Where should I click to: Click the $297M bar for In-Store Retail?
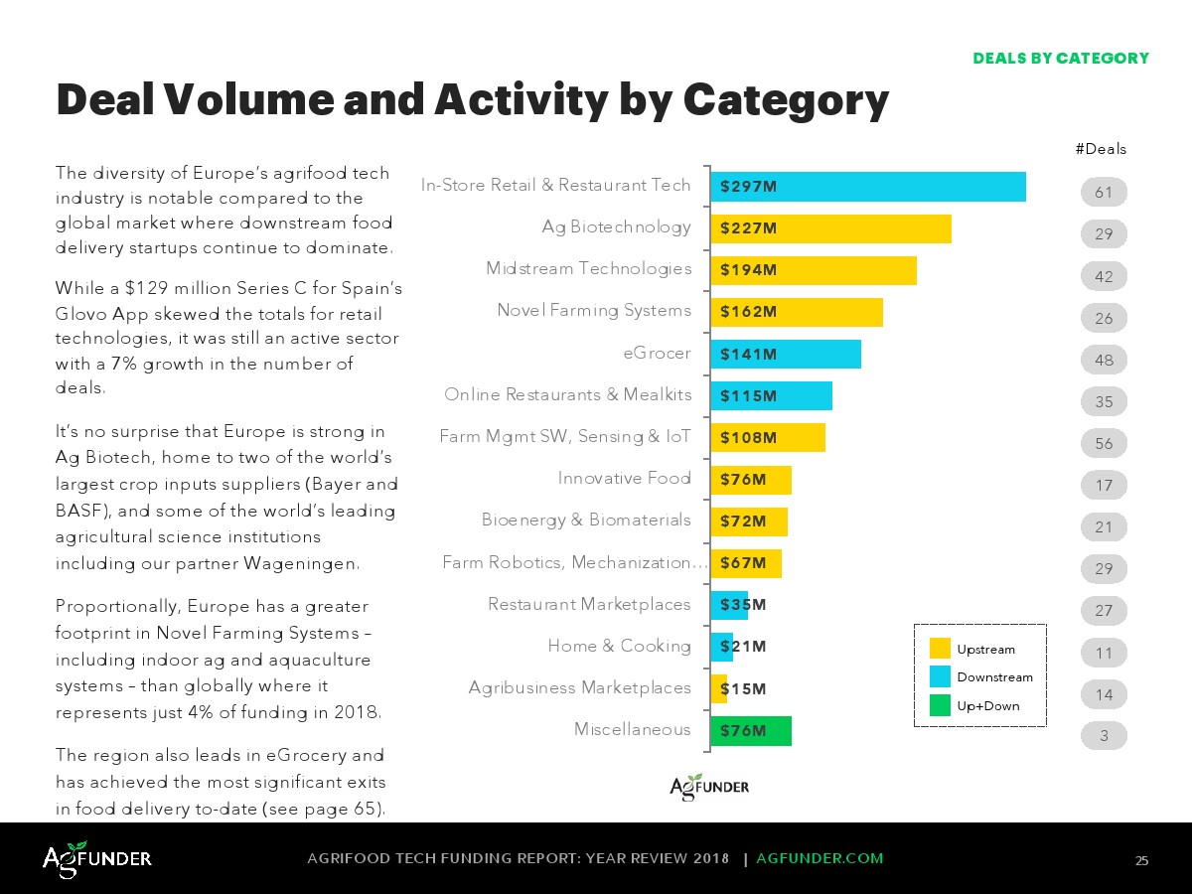(x=867, y=187)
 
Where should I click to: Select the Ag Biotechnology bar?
(x=830, y=228)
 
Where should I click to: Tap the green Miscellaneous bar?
(x=751, y=731)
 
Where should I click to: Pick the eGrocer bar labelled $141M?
(x=785, y=355)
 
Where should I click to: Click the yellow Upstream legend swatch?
(x=940, y=649)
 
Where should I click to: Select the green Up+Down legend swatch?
(x=940, y=705)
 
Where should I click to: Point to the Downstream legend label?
(x=994, y=677)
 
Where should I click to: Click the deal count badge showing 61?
(x=1104, y=193)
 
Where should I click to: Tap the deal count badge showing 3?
(x=1104, y=736)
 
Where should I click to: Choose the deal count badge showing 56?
(x=1104, y=444)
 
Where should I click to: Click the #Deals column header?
(x=1101, y=149)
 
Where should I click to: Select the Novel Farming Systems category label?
(x=594, y=311)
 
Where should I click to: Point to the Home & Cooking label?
(x=619, y=646)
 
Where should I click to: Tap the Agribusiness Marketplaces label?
(x=579, y=687)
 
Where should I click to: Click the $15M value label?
(x=743, y=688)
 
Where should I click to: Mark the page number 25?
(x=1141, y=860)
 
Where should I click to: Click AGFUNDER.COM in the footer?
(x=819, y=858)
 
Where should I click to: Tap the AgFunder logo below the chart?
(x=709, y=787)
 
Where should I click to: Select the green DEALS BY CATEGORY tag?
(x=1060, y=58)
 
